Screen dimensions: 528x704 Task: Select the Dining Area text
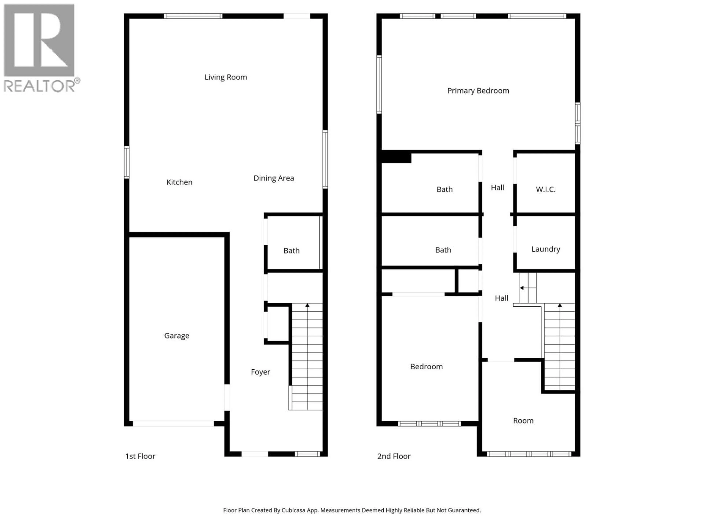[273, 178]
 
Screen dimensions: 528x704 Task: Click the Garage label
[177, 336]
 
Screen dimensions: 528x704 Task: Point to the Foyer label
[260, 372]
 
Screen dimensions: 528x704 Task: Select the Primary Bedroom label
[478, 91]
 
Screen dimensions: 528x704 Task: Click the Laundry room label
[545, 249]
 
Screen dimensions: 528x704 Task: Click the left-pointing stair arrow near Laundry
[522, 288]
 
